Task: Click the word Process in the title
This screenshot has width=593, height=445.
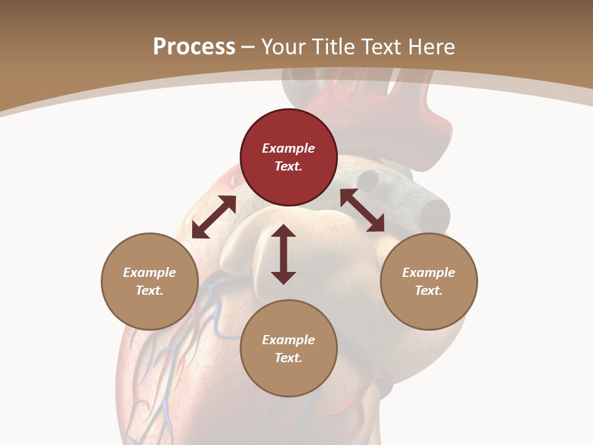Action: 194,47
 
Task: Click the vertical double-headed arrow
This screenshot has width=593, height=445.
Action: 284,254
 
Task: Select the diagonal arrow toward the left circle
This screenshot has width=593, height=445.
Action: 214,217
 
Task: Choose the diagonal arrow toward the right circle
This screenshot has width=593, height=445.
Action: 362,210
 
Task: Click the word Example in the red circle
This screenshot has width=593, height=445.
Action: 288,148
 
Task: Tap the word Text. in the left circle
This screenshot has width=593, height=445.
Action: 149,290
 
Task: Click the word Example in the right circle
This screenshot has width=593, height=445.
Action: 429,273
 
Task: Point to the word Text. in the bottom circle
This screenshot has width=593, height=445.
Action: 288,358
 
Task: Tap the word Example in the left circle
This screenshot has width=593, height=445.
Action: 149,273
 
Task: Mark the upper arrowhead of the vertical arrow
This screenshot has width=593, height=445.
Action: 284,231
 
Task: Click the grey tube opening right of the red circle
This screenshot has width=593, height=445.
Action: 369,180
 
